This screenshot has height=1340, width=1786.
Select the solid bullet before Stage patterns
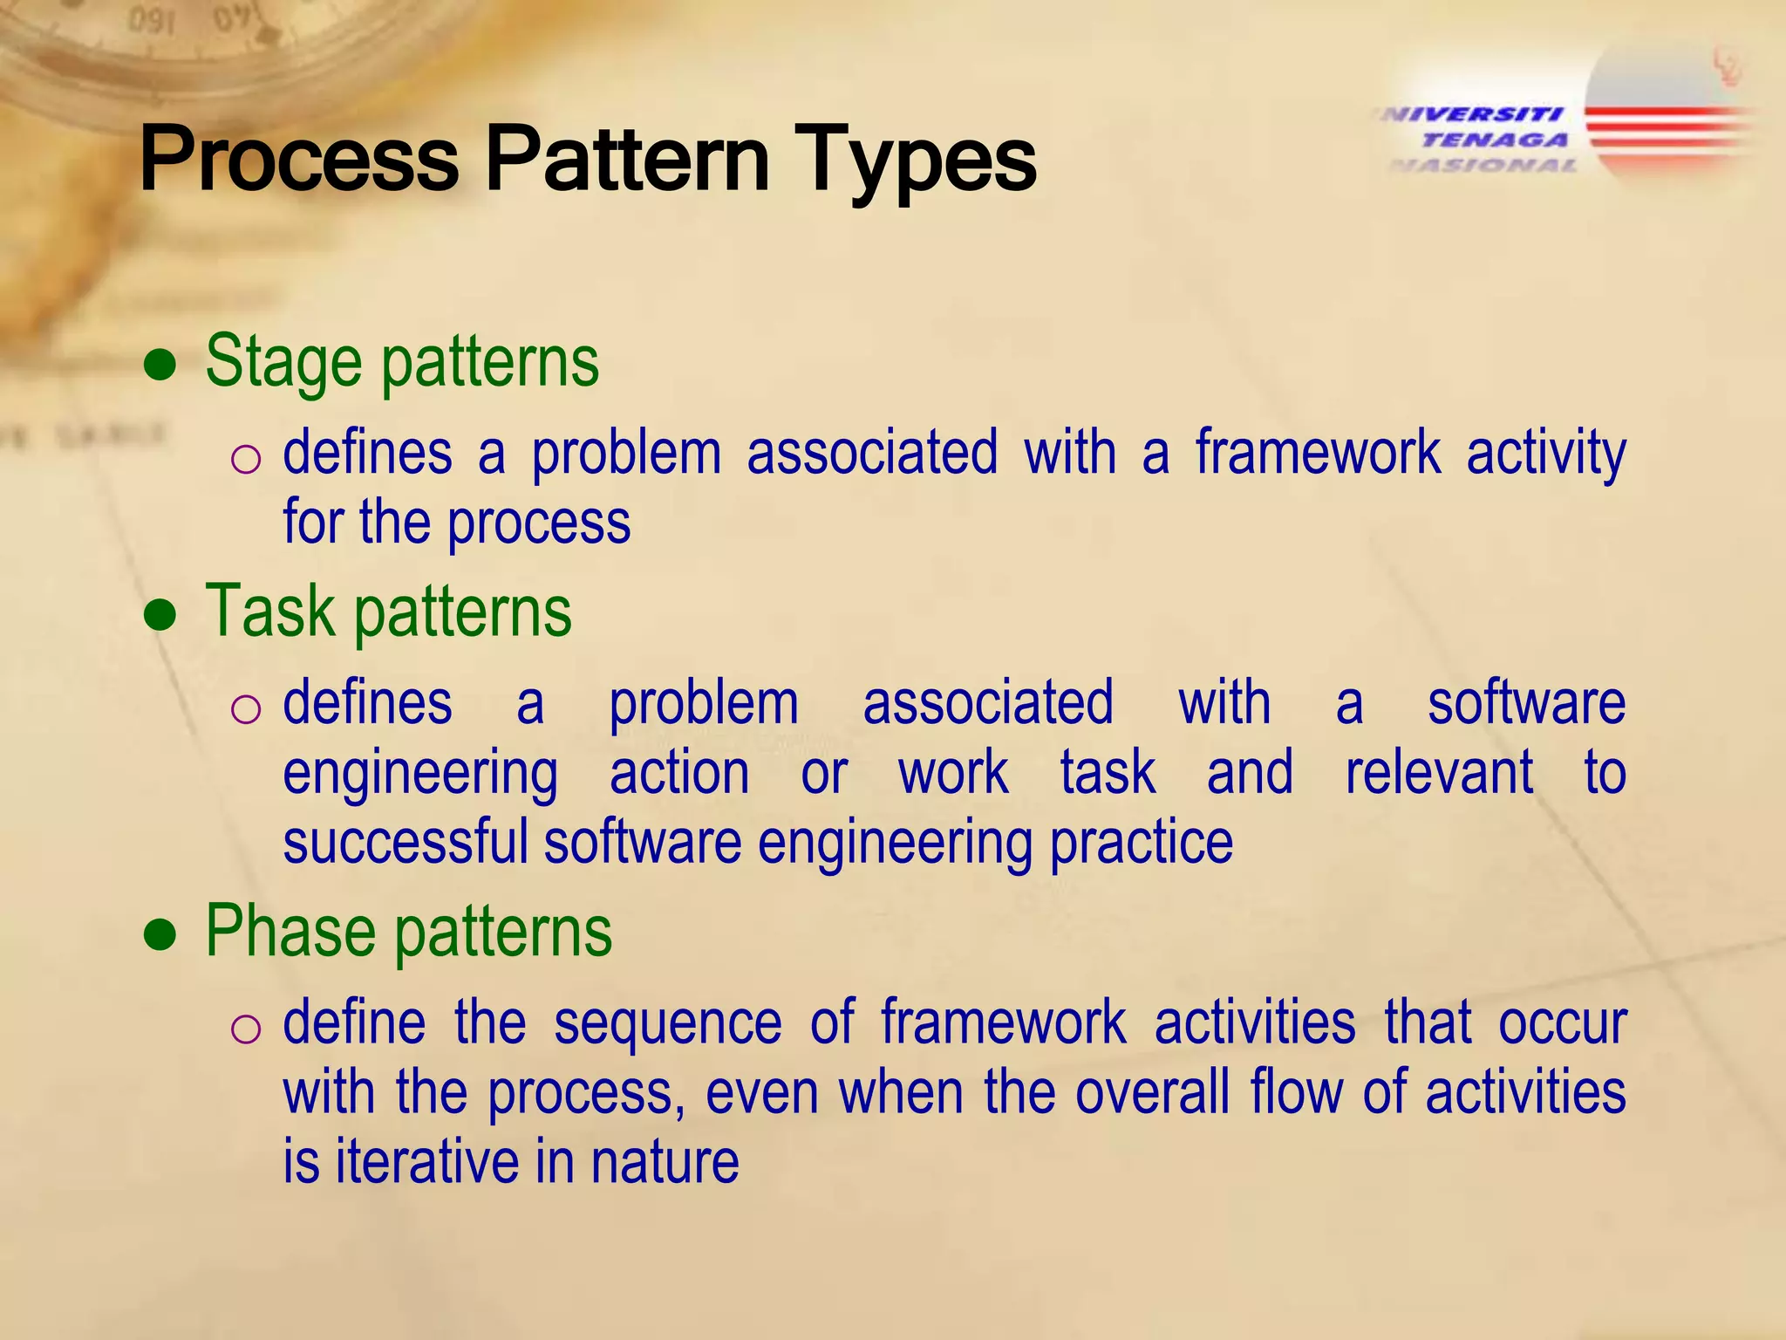tap(160, 367)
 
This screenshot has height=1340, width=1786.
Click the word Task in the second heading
tap(269, 612)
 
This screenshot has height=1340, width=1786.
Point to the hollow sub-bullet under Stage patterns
tap(246, 459)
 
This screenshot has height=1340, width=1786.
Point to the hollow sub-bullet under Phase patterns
tap(246, 1029)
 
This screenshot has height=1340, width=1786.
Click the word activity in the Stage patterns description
tap(1545, 454)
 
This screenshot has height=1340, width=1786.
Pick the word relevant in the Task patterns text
tap(1439, 773)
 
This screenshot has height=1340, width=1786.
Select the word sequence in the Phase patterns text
tap(668, 1023)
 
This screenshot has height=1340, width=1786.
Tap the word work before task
tap(953, 773)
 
